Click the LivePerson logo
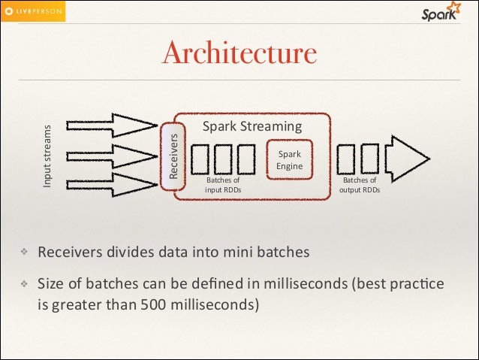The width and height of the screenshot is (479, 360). click(x=33, y=11)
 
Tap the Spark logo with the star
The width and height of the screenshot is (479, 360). click(x=440, y=13)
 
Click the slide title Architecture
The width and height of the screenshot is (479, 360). click(x=239, y=53)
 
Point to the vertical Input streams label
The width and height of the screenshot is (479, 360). click(x=47, y=156)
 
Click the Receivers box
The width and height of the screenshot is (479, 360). click(x=173, y=156)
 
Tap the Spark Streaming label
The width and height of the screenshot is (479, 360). click(x=252, y=126)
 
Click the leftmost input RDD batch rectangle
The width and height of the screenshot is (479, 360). click(x=202, y=159)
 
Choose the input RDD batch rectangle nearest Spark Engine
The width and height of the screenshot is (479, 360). click(x=246, y=159)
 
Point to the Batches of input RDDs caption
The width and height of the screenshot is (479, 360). click(x=223, y=185)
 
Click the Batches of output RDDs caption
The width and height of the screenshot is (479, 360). click(x=360, y=185)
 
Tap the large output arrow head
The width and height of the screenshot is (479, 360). click(x=409, y=158)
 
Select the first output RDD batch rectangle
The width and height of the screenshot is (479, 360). click(x=348, y=159)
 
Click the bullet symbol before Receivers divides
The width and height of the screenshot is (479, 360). click(x=24, y=253)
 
